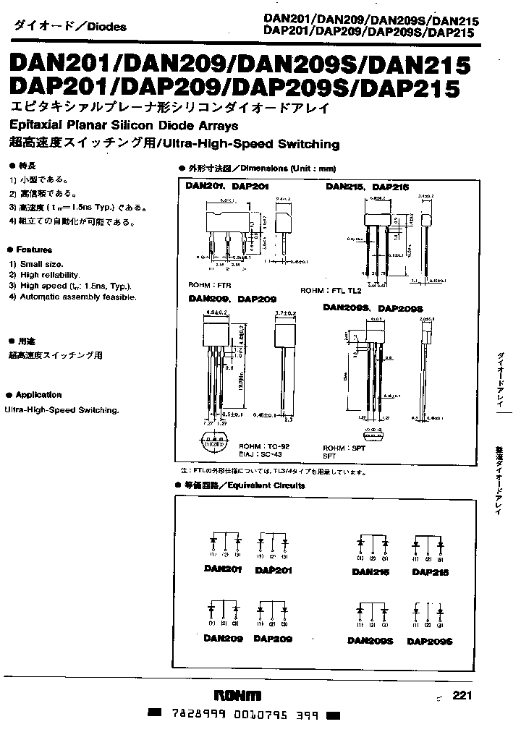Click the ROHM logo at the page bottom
click(x=238, y=696)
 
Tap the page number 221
click(x=462, y=696)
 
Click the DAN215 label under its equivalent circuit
click(x=370, y=571)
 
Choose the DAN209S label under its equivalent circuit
click(x=370, y=640)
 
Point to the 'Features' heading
click(x=33, y=249)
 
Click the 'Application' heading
click(x=38, y=395)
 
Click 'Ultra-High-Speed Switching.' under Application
click(x=62, y=410)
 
